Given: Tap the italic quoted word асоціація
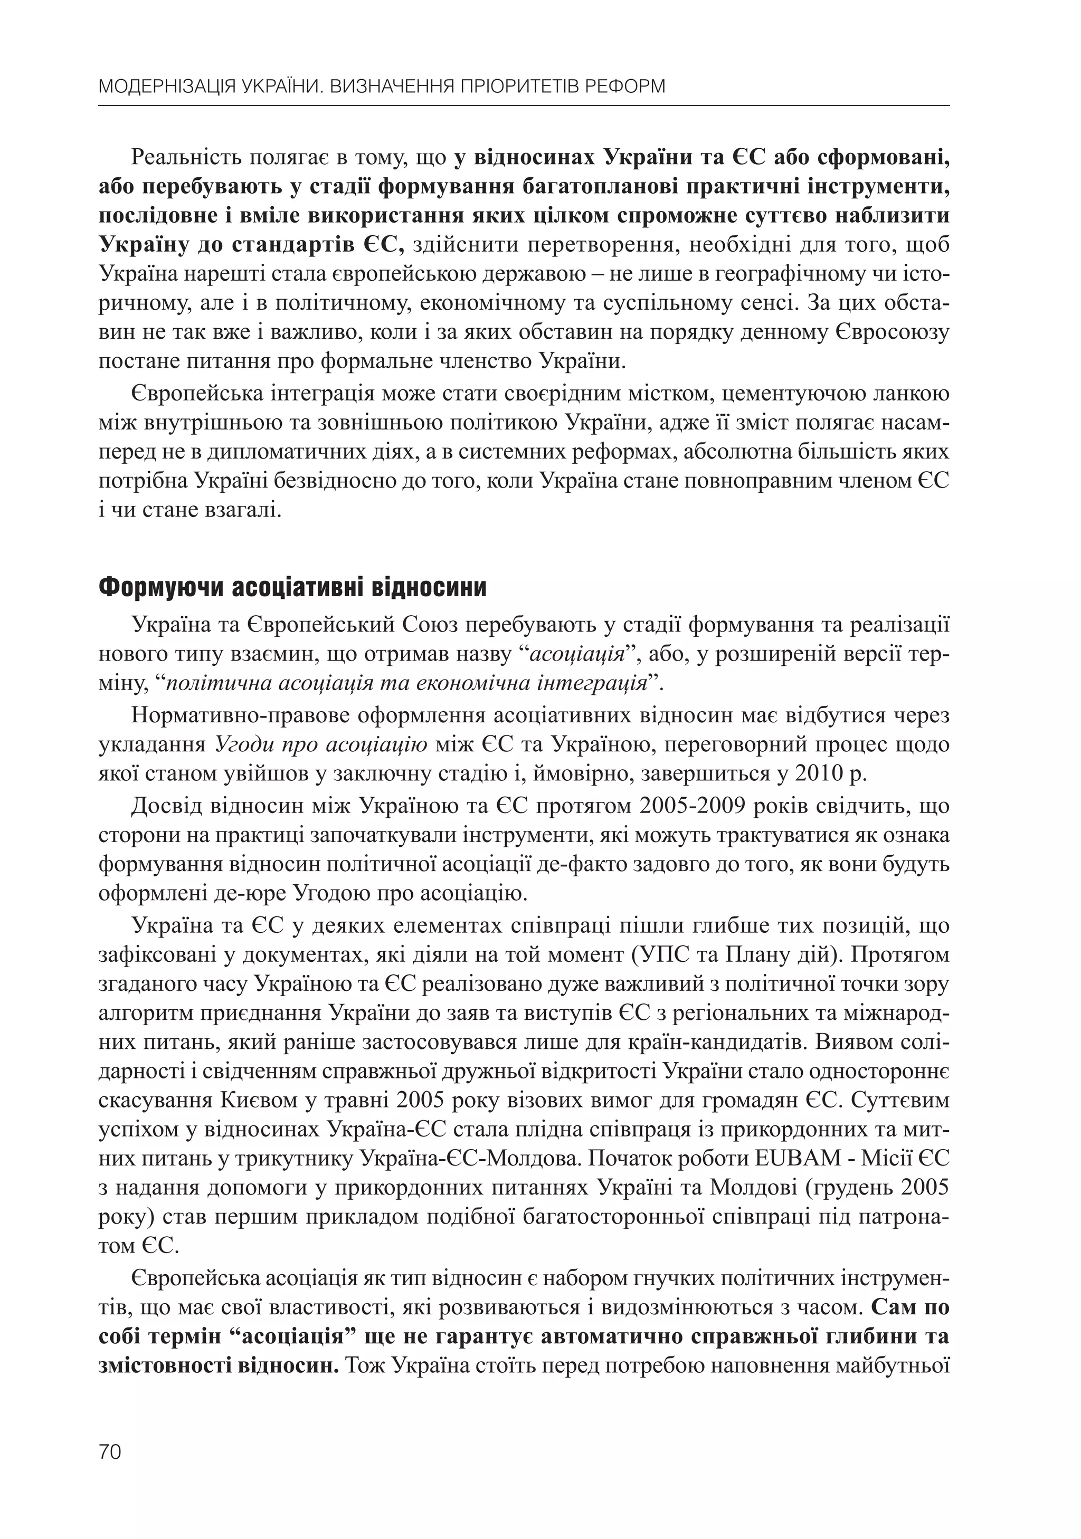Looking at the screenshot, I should coord(577,654).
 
